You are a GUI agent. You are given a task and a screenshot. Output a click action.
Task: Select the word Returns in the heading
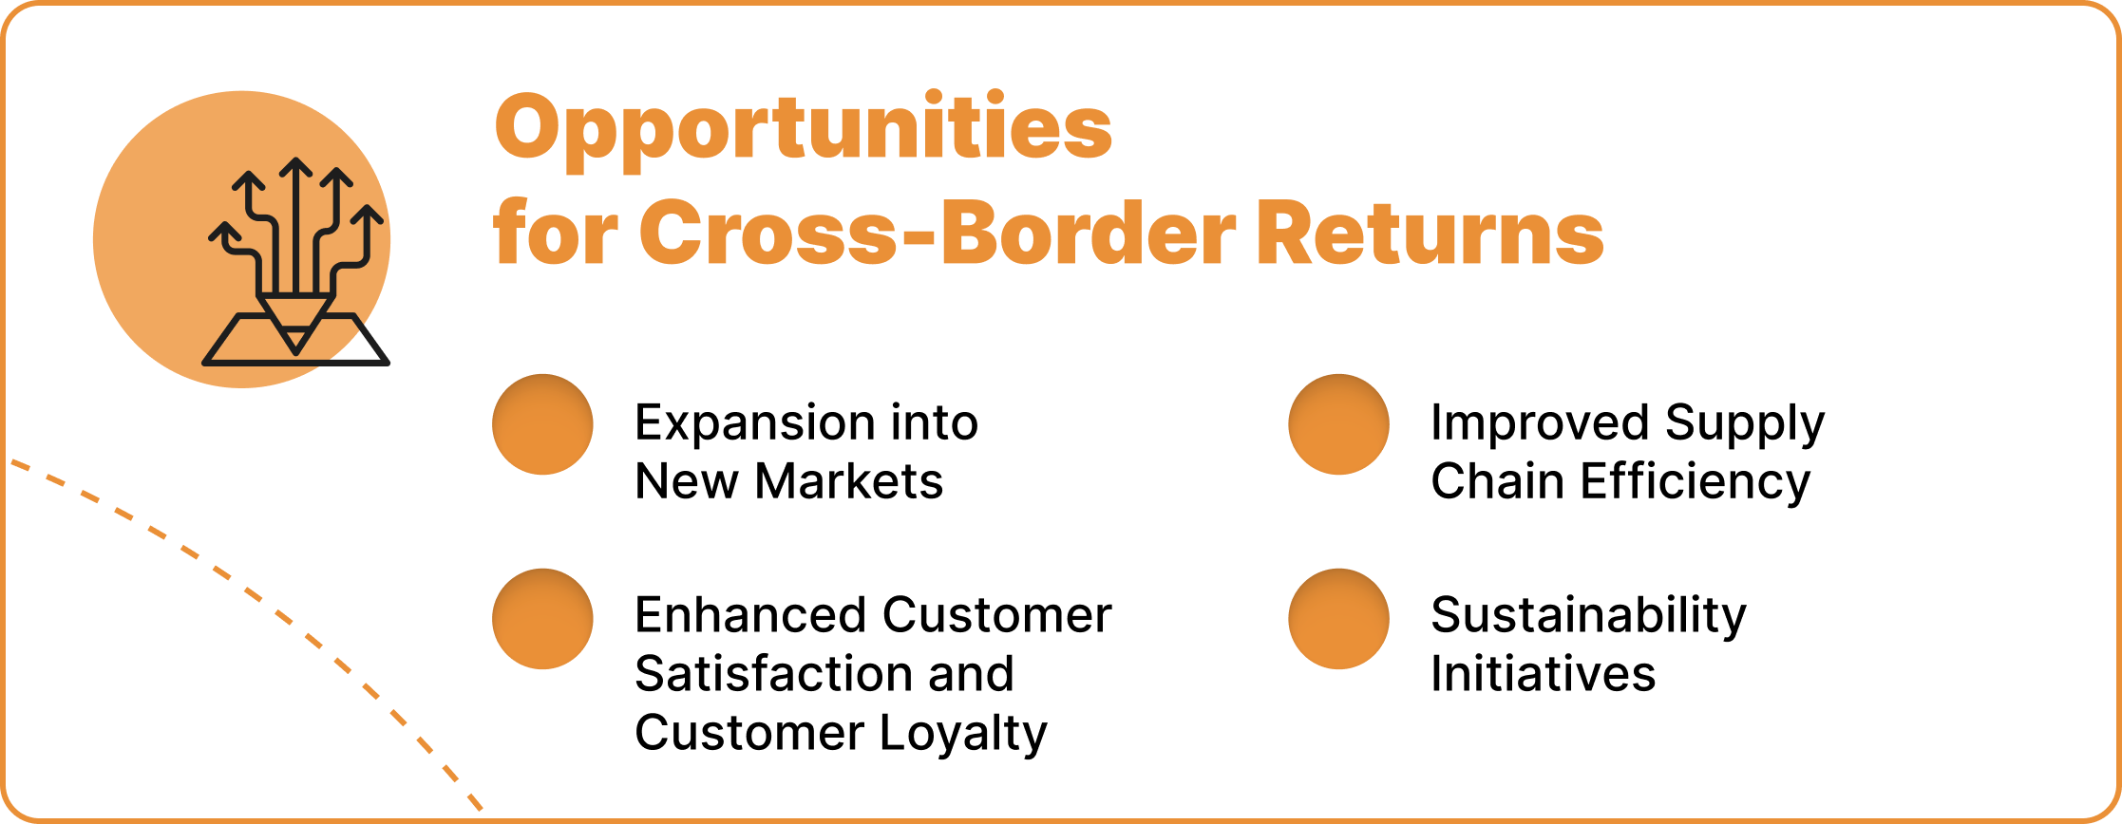pos(1430,234)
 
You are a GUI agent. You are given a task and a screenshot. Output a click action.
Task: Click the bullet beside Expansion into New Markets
pos(542,424)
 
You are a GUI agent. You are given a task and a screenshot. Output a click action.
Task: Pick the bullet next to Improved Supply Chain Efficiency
pos(1338,424)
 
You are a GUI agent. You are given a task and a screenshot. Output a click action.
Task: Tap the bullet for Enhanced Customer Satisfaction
pos(542,619)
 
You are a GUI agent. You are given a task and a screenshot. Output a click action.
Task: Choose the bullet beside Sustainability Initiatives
pos(1338,619)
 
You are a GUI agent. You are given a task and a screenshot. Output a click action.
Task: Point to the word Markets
pos(848,481)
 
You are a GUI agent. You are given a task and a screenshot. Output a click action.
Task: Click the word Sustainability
pos(1588,615)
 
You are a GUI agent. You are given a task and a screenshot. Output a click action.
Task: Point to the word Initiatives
pos(1543,674)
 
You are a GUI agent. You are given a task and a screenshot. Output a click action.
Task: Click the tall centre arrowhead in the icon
pos(296,169)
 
